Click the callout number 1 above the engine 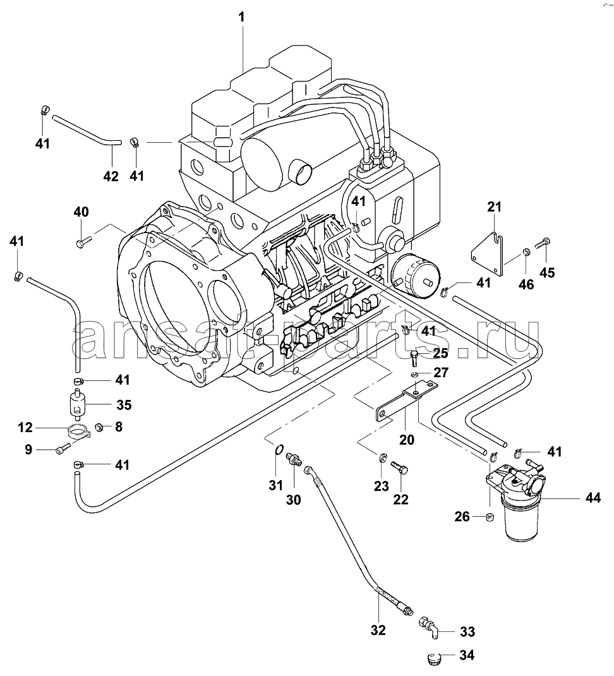[x=241, y=17]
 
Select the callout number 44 [x=593, y=497]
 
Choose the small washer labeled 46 [x=526, y=252]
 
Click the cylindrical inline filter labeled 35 [x=78, y=404]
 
